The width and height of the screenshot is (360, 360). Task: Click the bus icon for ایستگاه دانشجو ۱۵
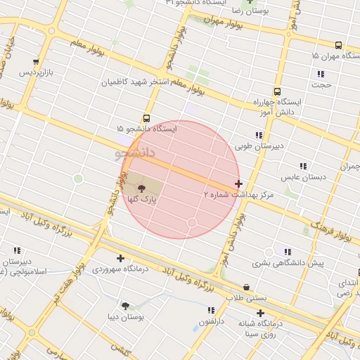pyautogui.click(x=146, y=118)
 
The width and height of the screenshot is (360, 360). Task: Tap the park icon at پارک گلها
pyautogui.click(x=142, y=188)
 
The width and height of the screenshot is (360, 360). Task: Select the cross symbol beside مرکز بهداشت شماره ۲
pyautogui.click(x=238, y=184)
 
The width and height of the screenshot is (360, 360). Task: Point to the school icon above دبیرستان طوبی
pyautogui.click(x=259, y=135)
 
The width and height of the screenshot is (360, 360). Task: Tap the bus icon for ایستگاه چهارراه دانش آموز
pyautogui.click(x=277, y=91)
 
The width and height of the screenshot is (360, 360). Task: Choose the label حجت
pyautogui.click(x=323, y=85)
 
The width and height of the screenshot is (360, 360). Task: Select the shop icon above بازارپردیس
pyautogui.click(x=36, y=62)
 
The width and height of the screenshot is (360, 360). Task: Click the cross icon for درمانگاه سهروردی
pyautogui.click(x=120, y=258)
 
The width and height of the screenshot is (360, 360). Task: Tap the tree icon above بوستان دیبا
pyautogui.click(x=125, y=306)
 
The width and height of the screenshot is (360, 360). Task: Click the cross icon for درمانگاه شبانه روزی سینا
pyautogui.click(x=260, y=313)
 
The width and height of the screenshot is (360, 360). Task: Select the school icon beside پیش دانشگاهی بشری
pyautogui.click(x=287, y=251)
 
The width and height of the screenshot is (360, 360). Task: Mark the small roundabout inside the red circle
pyautogui.click(x=191, y=223)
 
